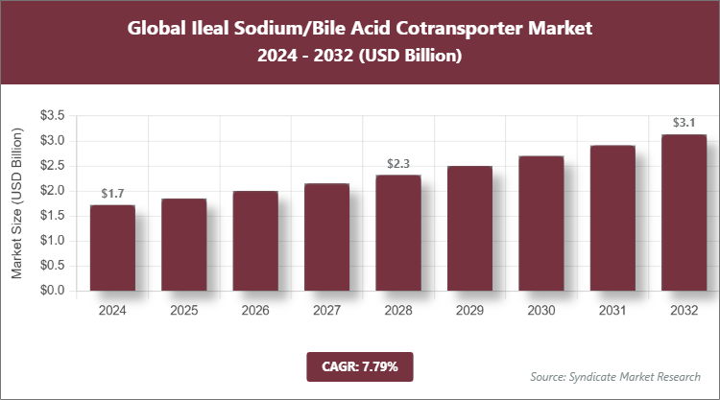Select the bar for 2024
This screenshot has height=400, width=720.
112,247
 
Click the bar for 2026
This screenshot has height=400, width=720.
254,241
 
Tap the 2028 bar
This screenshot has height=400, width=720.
397,232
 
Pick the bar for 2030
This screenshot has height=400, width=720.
540,223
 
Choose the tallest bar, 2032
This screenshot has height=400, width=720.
684,212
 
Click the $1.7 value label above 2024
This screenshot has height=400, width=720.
112,194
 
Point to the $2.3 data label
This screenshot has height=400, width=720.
397,163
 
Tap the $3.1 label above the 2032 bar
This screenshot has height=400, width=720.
684,123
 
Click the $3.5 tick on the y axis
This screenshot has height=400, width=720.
52,116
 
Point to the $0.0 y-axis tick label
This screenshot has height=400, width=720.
52,291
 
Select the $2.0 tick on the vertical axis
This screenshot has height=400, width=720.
52,191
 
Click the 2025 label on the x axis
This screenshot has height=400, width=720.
183,312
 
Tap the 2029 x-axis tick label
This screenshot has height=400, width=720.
469,312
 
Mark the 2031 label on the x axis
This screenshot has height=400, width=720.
612,312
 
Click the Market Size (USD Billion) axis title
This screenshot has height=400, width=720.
17,202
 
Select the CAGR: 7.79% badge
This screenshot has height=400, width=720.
360,365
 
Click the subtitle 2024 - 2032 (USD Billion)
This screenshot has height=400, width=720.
360,57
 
